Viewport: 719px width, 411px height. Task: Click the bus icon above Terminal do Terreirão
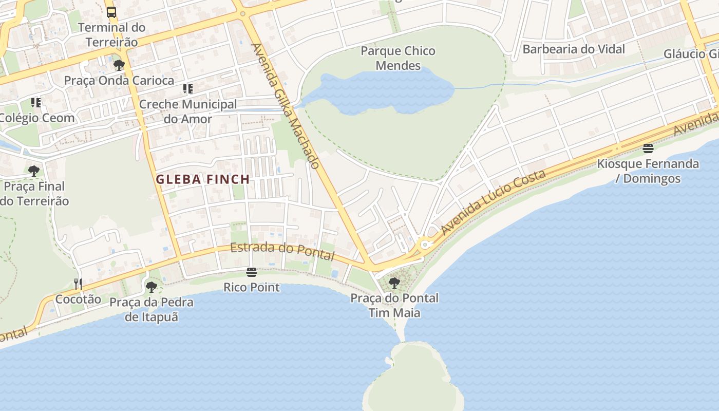coord(111,12)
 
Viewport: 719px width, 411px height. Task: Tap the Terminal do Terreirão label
coord(111,34)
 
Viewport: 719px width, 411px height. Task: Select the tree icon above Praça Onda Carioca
coord(119,65)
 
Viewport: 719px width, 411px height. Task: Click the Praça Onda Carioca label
coord(119,81)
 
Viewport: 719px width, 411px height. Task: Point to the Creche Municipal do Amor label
coord(188,111)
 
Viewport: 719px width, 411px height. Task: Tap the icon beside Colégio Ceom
coord(35,103)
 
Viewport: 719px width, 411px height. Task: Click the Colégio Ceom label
coord(37,118)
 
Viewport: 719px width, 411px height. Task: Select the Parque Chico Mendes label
coord(398,58)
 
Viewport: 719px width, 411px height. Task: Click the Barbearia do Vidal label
coord(574,49)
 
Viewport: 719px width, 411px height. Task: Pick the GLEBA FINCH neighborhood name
coord(203,179)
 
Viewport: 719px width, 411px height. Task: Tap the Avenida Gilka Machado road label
coord(286,106)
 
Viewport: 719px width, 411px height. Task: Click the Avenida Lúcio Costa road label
coord(493,202)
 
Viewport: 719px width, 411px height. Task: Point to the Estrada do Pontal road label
coord(282,251)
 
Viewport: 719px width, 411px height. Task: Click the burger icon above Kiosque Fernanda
coord(648,149)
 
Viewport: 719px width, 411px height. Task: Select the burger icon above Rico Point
coord(251,272)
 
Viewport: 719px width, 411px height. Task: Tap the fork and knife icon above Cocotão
coord(78,284)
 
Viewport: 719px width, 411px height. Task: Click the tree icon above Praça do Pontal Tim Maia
coord(394,283)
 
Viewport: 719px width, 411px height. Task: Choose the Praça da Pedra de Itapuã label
coord(152,309)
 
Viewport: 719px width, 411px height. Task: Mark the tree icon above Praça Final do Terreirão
coord(34,171)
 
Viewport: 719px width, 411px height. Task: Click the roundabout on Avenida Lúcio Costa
coord(425,245)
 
